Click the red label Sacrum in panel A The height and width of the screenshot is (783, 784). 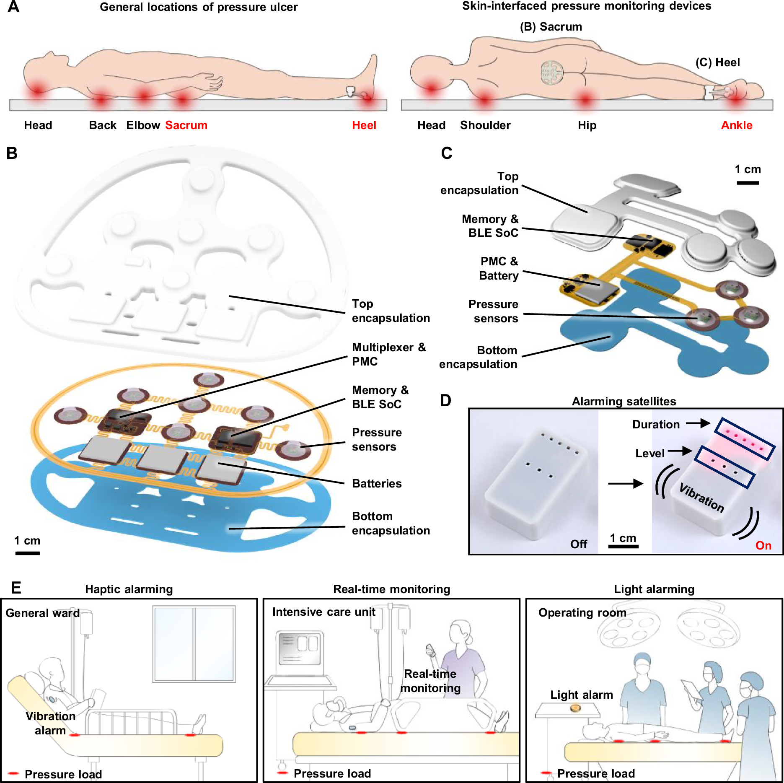tap(186, 125)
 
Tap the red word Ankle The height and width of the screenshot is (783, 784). tap(736, 125)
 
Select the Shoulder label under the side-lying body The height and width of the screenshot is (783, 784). tap(485, 125)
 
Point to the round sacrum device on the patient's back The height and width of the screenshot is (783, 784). tap(552, 73)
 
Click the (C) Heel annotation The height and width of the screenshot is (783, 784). tap(717, 62)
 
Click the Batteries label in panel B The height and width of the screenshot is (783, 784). tap(376, 483)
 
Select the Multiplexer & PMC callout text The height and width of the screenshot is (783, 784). tap(388, 354)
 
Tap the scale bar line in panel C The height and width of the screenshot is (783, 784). tap(748, 183)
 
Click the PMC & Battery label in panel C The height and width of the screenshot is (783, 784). tap(499, 268)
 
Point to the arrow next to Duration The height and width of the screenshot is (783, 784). tap(698, 423)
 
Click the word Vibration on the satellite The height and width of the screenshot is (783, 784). tap(701, 498)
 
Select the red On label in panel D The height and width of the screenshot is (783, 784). tap(763, 545)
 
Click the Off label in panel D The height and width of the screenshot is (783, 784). tap(578, 544)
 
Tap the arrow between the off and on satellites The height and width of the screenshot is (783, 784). tap(625, 484)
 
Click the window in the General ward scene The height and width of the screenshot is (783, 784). tap(194, 643)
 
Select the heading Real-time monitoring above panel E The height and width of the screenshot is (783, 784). tap(391, 589)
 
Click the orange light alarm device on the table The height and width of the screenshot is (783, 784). tap(575, 708)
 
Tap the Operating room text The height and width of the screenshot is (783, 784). tap(582, 612)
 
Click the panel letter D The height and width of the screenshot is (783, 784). tap(445, 400)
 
